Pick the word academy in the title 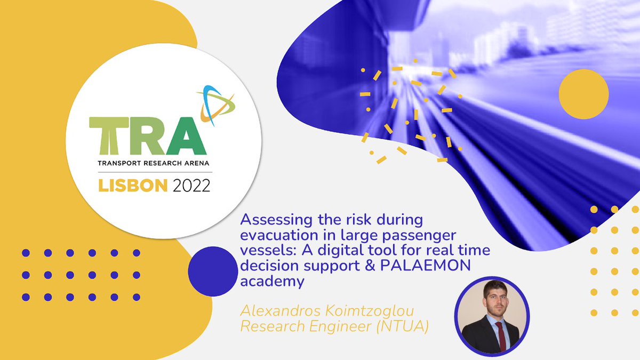[271, 281]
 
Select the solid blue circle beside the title [212, 270]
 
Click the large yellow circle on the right [583, 94]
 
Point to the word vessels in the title [260, 250]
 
